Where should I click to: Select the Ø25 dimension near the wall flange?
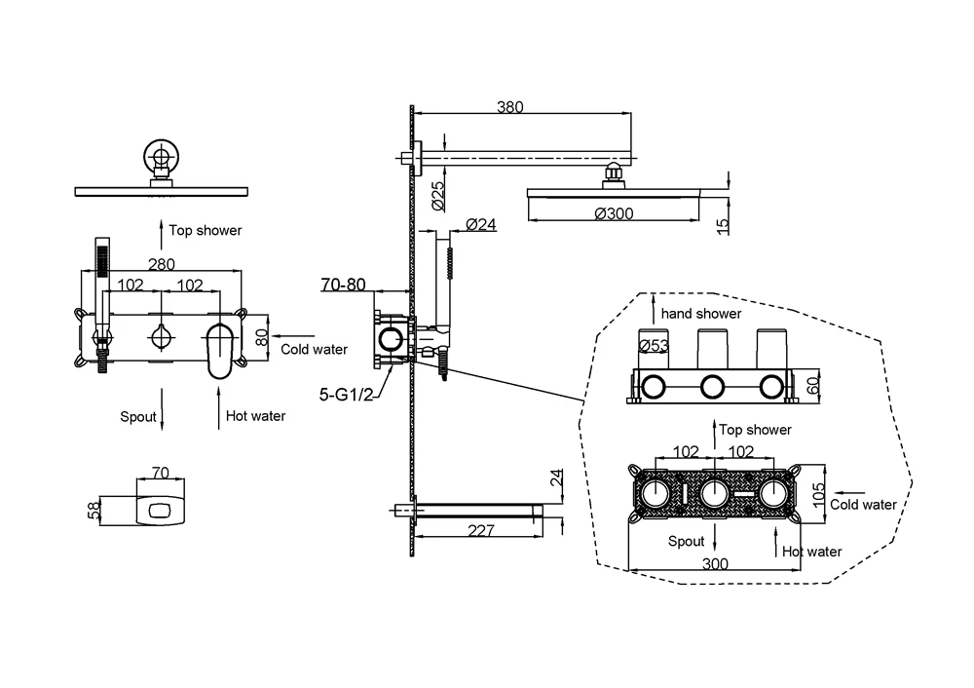438,197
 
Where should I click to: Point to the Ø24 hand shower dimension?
481,224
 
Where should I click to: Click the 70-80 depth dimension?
344,286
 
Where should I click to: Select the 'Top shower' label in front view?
206,230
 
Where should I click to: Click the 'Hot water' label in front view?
255,416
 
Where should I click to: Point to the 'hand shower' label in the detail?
700,314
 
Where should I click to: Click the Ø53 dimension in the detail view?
652,344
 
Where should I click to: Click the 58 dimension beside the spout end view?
92,510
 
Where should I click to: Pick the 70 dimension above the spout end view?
160,473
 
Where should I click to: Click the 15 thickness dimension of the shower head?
721,227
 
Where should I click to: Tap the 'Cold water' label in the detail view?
863,505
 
